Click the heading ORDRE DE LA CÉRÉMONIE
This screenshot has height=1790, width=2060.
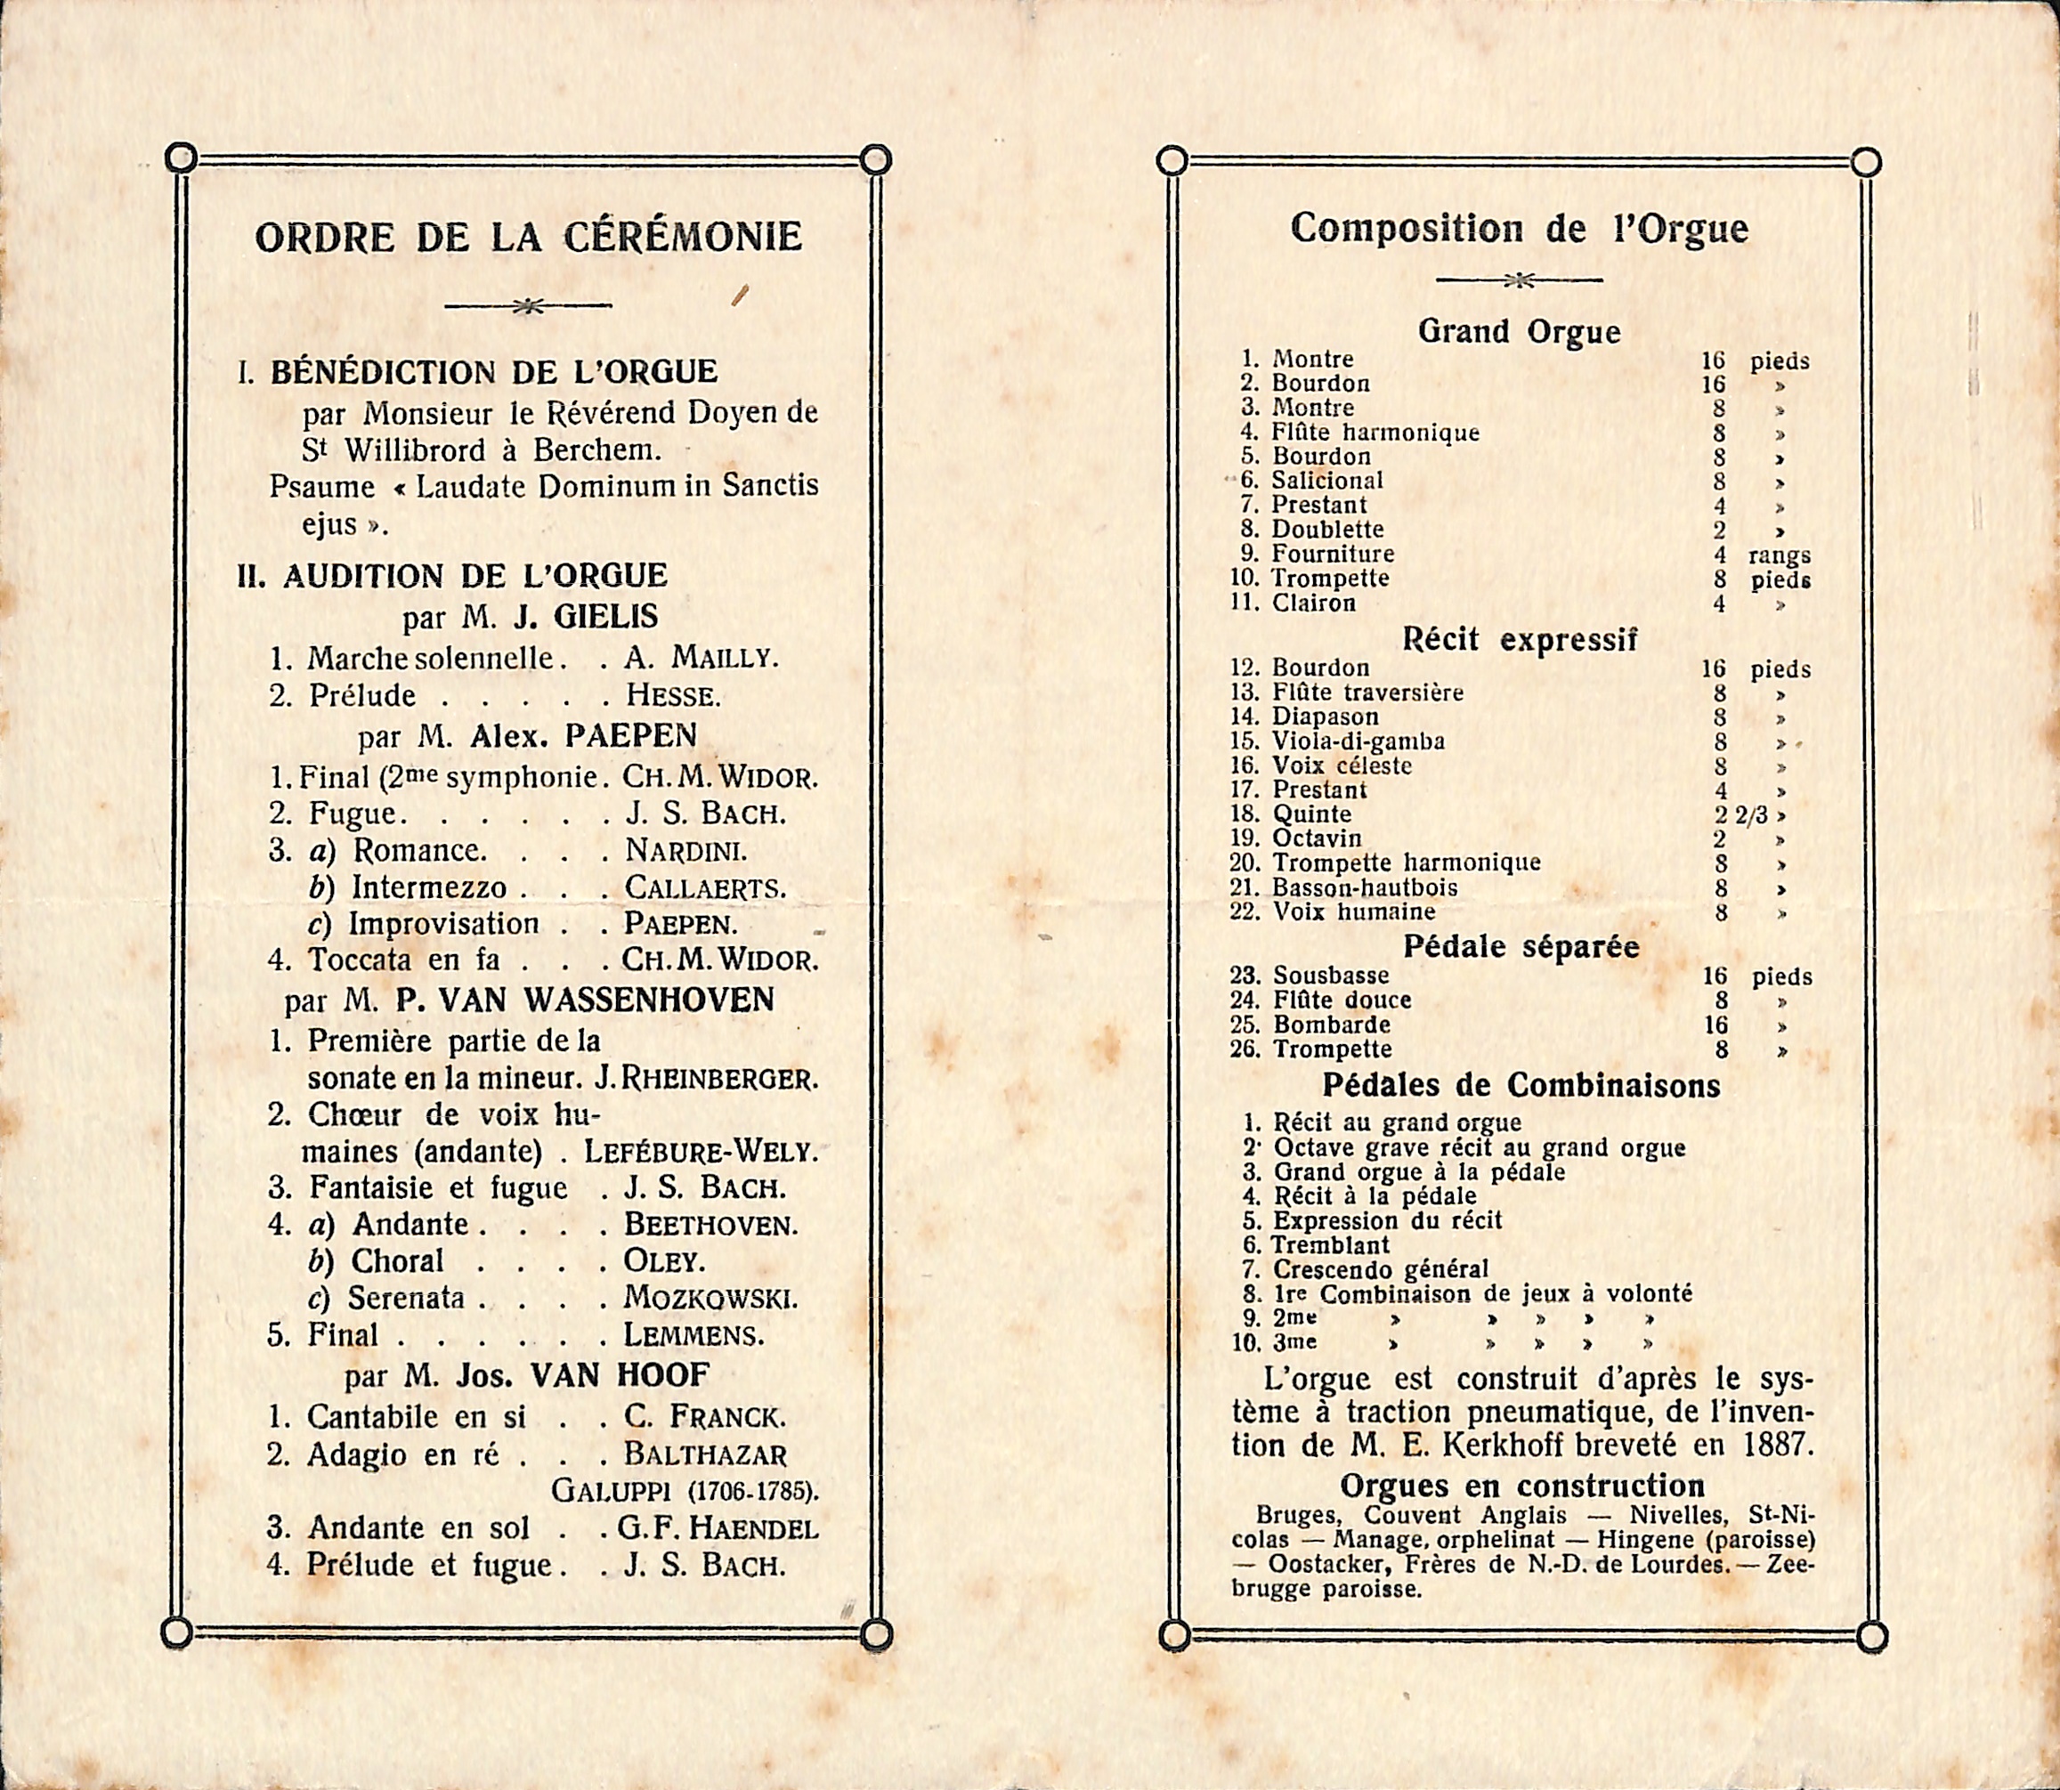point(529,238)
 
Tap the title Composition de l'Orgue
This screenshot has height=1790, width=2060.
point(1519,229)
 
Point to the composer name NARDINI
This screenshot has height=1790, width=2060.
point(685,851)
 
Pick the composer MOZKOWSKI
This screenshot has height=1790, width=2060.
point(710,1299)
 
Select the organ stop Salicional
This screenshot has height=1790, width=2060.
point(1326,481)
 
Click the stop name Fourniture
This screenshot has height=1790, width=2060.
point(1332,555)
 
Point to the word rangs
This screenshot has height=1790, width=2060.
point(1780,556)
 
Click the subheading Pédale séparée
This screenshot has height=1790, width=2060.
point(1521,947)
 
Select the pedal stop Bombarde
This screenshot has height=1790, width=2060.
point(1331,1025)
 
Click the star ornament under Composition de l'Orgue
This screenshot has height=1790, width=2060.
point(1519,280)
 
